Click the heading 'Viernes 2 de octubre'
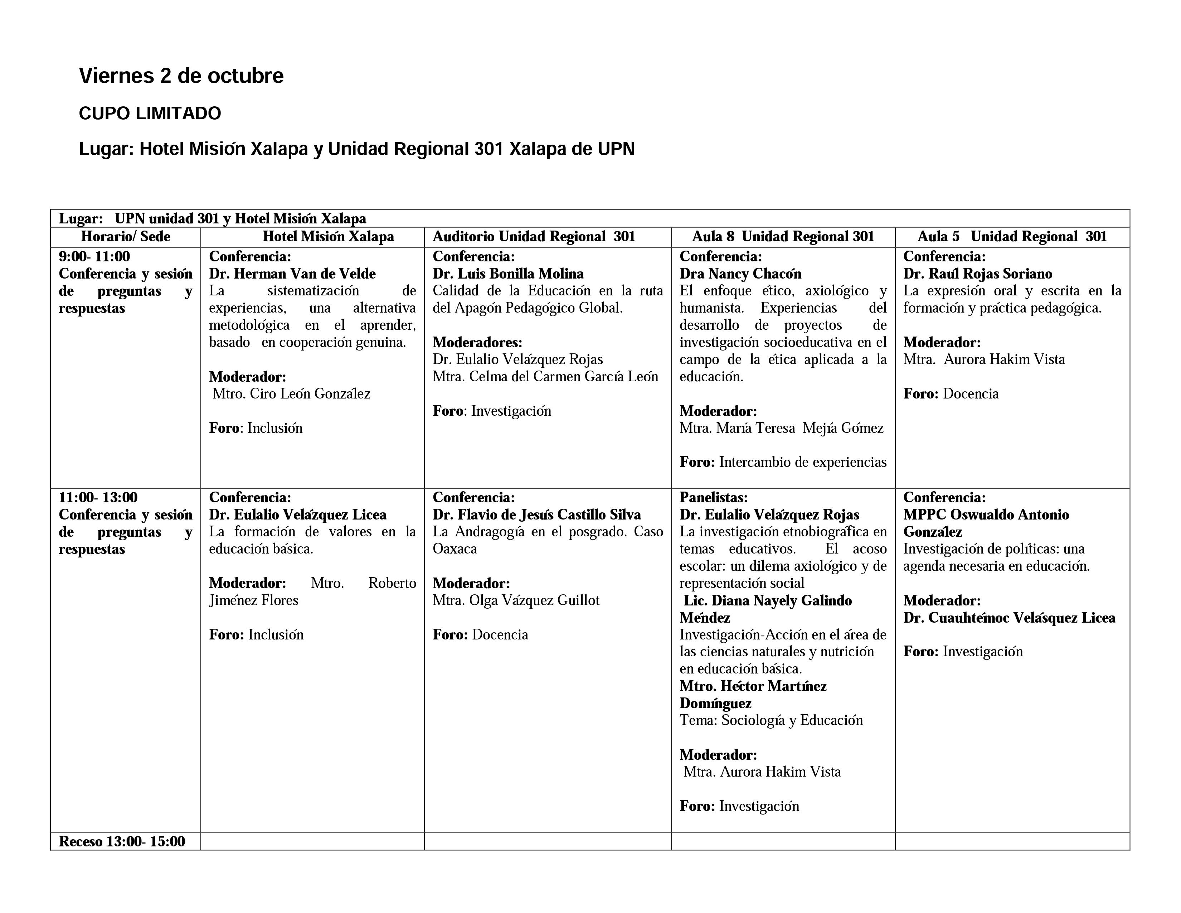point(181,76)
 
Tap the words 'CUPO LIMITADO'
point(150,113)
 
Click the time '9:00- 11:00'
point(94,256)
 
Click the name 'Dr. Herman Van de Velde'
point(292,274)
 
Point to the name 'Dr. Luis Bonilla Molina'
point(508,274)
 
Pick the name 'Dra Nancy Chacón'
point(740,274)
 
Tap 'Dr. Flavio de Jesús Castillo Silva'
point(537,515)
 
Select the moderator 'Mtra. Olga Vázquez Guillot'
point(516,600)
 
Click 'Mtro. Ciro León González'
point(291,394)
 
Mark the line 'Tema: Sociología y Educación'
point(771,720)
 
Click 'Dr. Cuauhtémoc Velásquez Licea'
point(1009,618)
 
